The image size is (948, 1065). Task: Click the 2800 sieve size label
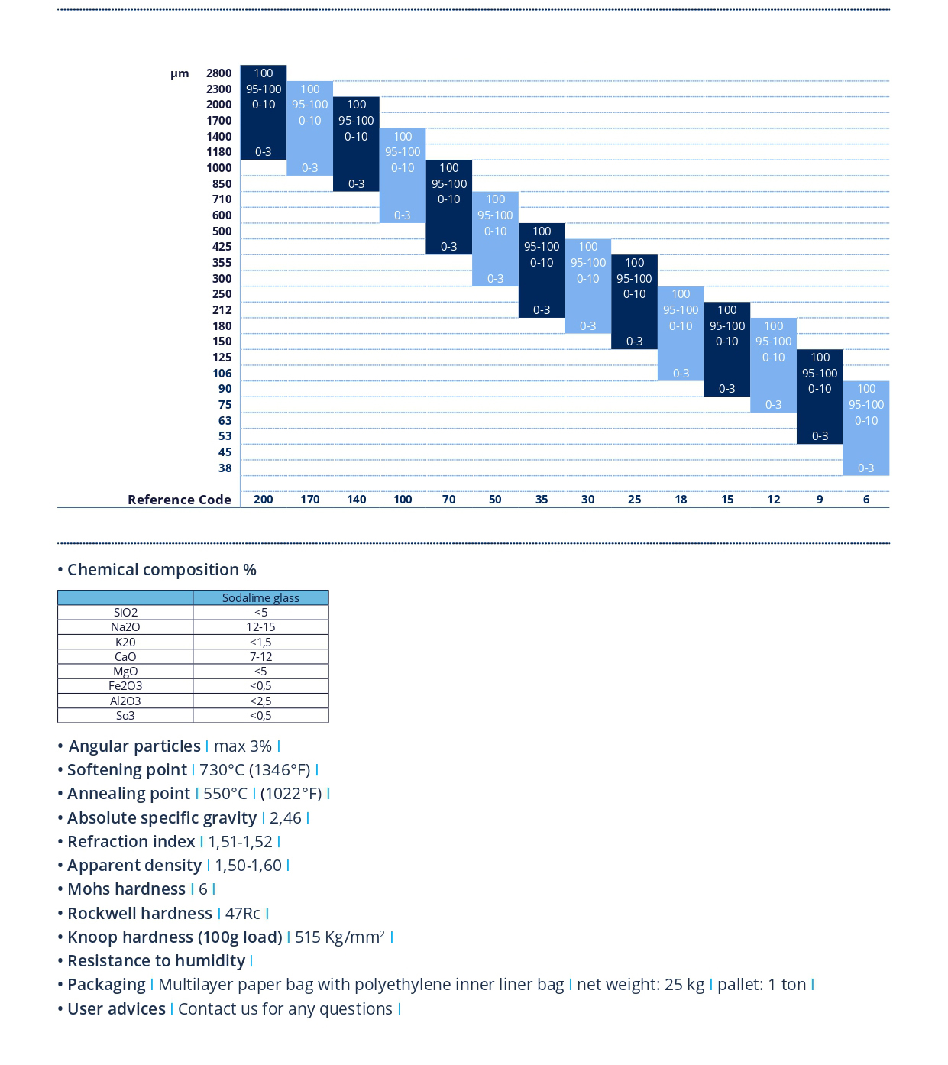[x=218, y=73]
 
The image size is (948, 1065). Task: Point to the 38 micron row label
[x=225, y=468]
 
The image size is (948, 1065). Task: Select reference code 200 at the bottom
[x=264, y=500]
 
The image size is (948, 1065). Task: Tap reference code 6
[x=866, y=500]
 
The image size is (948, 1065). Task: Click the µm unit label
[x=180, y=73]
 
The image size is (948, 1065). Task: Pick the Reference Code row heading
[x=180, y=500]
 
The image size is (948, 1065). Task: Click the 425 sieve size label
[x=222, y=247]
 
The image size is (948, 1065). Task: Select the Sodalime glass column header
[x=260, y=597]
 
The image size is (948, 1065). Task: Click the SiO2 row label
[x=126, y=613]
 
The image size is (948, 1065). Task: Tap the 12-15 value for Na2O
[x=260, y=627]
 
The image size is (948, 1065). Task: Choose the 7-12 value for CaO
[x=260, y=656]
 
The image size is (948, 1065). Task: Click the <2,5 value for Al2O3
[x=260, y=701]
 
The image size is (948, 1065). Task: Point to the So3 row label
[x=125, y=715]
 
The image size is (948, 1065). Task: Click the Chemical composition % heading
[x=162, y=569]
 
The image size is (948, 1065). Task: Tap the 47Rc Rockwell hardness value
[x=242, y=914]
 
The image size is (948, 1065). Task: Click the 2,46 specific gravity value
[x=286, y=818]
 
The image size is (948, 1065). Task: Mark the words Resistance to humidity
[x=156, y=961]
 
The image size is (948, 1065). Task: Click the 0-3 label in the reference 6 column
[x=866, y=468]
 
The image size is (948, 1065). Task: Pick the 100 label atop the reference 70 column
[x=449, y=167]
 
